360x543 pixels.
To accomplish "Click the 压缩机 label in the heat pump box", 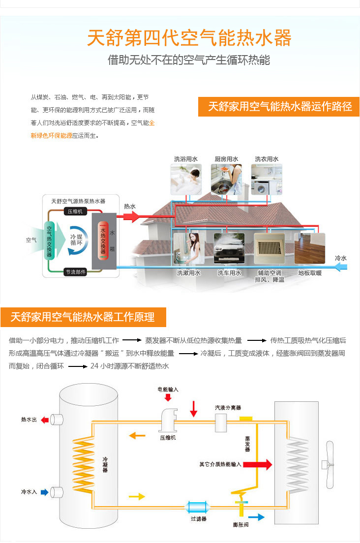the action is [x=75, y=211].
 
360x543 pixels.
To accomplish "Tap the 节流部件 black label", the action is [x=75, y=272].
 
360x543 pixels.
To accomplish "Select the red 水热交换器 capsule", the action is [x=103, y=241].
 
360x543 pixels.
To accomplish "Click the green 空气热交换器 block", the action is [x=50, y=241].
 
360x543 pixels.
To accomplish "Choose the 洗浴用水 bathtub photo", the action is [x=186, y=180].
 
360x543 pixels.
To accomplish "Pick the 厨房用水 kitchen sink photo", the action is [x=226, y=180].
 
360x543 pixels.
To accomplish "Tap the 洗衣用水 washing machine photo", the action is [x=267, y=180].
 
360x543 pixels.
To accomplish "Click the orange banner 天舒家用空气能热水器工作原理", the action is [x=83, y=317].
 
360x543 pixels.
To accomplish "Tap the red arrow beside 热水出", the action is [x=45, y=420].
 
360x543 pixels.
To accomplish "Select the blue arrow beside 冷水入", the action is [x=45, y=492].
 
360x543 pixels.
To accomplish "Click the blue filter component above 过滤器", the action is [x=198, y=508].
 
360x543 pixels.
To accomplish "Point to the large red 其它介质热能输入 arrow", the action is [x=258, y=464].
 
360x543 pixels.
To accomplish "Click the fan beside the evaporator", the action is [x=328, y=464].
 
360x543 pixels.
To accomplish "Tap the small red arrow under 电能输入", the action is [x=168, y=397].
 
